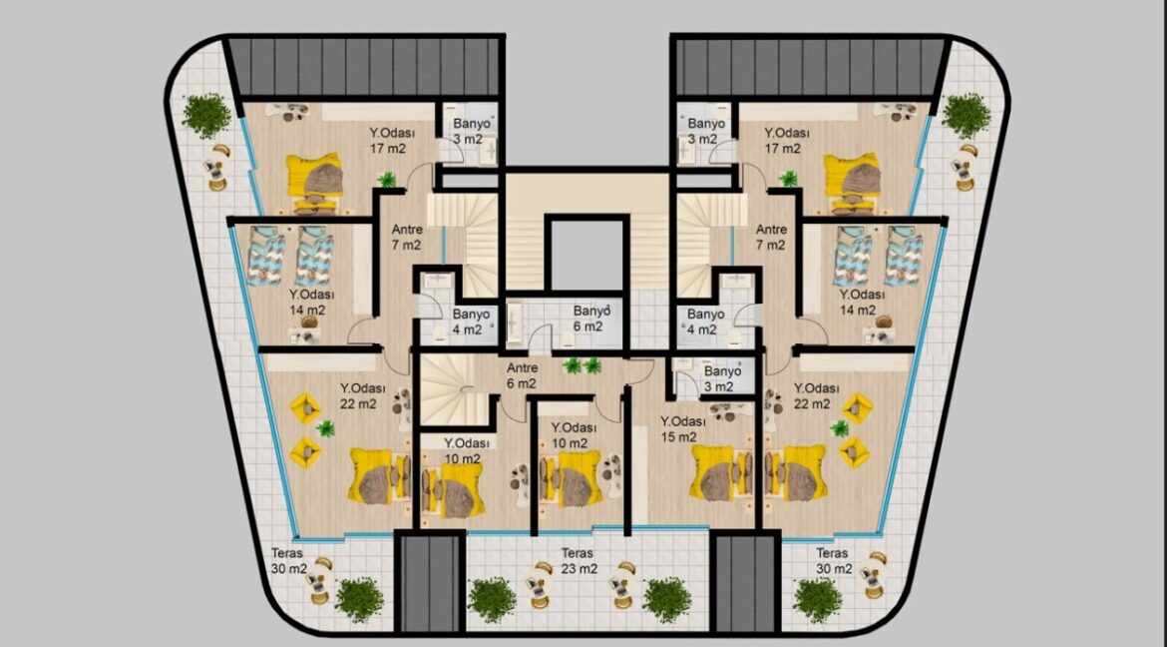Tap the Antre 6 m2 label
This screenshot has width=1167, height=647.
point(522,375)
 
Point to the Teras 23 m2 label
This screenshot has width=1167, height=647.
point(579,560)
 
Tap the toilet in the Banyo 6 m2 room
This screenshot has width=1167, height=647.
point(567,339)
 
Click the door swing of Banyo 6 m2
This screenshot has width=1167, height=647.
point(540,339)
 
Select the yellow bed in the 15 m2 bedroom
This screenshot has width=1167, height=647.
point(717,472)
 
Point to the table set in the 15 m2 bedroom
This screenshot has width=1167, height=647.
point(730,410)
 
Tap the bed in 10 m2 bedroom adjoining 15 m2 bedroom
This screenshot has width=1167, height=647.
point(571,478)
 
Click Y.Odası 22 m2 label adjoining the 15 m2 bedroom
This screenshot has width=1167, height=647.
point(817,395)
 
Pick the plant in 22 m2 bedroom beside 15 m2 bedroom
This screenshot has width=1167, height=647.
point(840,428)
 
